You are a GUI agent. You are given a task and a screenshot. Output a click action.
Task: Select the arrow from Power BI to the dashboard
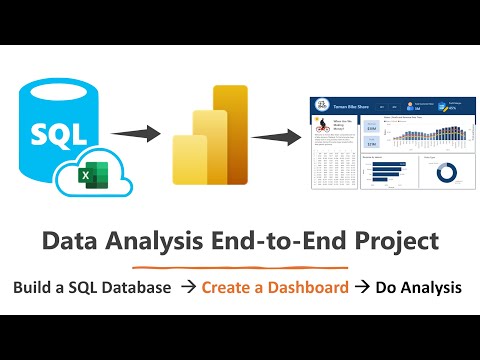click(x=279, y=136)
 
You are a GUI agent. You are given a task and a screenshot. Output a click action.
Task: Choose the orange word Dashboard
click(x=301, y=288)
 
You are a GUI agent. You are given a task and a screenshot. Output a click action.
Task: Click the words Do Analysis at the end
click(x=419, y=288)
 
